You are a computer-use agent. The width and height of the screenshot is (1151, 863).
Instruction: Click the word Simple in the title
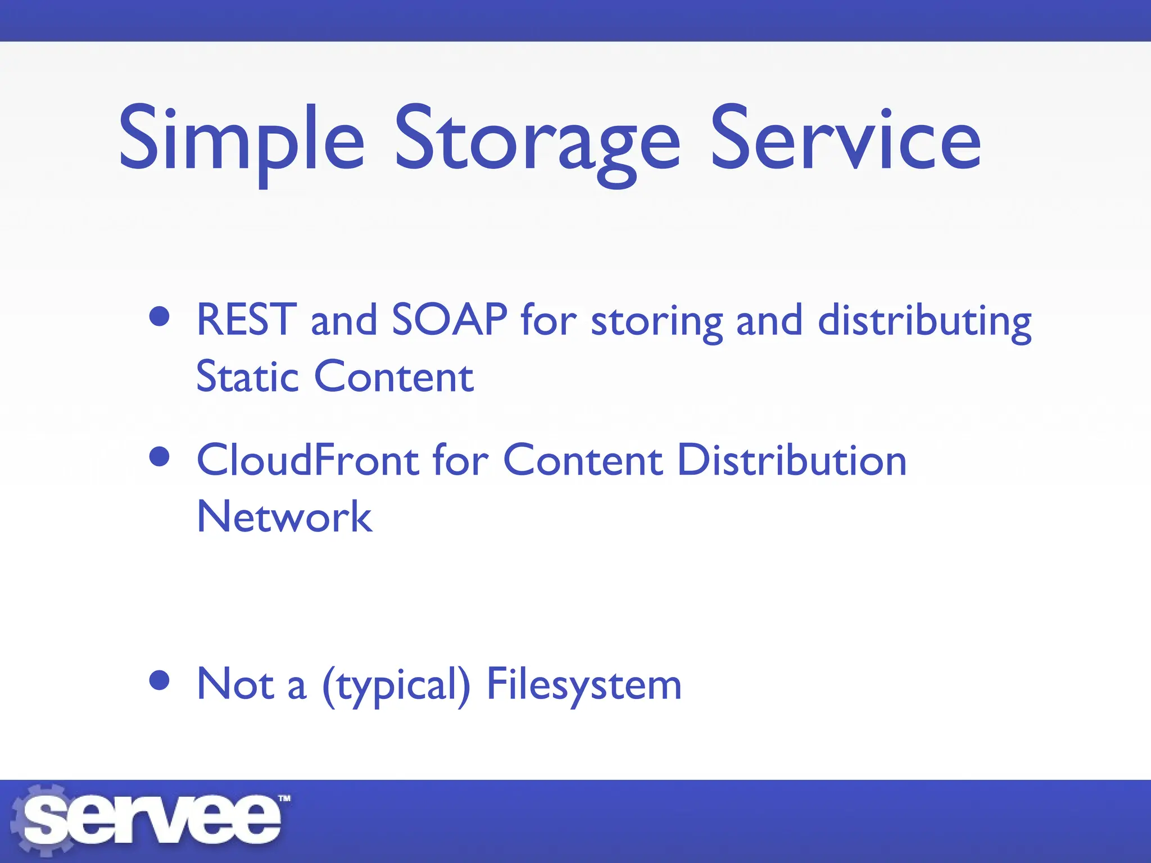tap(242, 140)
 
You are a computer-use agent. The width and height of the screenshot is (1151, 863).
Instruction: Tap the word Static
tap(247, 376)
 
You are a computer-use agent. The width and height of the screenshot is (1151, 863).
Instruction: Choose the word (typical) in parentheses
tap(396, 685)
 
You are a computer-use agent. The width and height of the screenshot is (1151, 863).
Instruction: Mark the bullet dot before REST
tap(160, 316)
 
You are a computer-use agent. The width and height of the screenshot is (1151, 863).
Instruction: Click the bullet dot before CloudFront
tap(160, 456)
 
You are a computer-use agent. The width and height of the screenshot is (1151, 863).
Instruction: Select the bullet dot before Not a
tap(160, 680)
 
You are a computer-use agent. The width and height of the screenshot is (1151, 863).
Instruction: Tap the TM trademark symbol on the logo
tap(284, 798)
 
